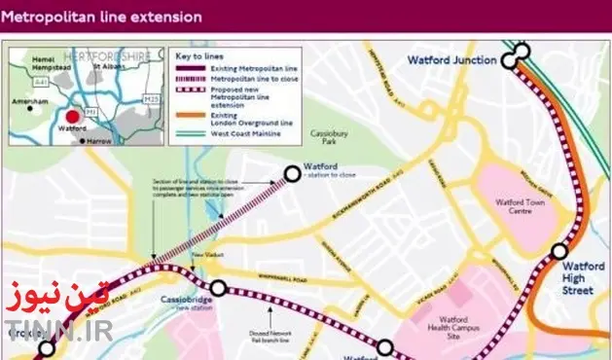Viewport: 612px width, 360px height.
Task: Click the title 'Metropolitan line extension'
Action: (105, 18)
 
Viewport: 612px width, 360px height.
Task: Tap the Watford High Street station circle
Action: (558, 252)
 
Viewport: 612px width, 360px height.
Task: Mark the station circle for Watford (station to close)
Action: (292, 174)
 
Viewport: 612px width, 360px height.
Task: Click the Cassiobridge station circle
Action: (218, 288)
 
